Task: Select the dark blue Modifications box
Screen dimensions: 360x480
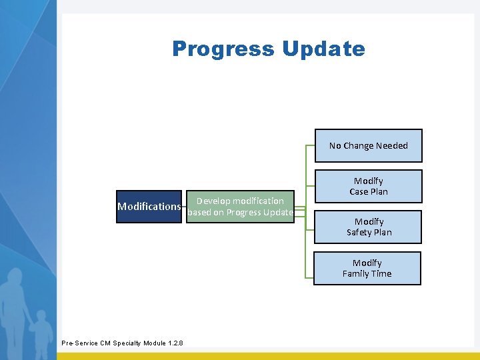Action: pos(149,207)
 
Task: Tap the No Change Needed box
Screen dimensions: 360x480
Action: pos(368,146)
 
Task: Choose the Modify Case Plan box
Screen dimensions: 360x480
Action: pos(368,186)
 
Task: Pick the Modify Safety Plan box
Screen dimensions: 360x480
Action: pos(368,227)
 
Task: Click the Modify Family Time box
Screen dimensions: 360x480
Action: pos(367,268)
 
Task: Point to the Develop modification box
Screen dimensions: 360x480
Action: pos(240,207)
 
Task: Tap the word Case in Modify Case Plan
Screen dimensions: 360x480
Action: pos(359,192)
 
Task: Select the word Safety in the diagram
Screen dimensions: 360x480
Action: pos(360,233)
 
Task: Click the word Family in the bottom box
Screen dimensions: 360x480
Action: pos(356,274)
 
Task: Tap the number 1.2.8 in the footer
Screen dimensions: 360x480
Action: pos(175,343)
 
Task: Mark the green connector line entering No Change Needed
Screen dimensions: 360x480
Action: pos(309,145)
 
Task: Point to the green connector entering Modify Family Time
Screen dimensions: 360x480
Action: pos(309,275)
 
